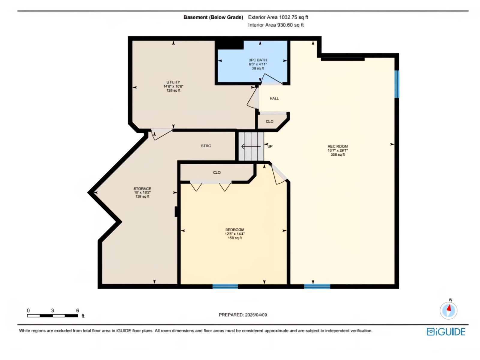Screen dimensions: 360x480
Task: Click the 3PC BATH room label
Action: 258,60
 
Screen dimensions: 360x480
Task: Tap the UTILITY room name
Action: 173,82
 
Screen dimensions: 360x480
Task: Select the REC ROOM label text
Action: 337,146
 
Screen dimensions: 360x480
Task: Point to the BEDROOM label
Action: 235,230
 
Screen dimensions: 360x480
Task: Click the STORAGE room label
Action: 142,189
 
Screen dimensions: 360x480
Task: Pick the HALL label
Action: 274,98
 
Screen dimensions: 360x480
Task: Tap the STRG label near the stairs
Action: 206,146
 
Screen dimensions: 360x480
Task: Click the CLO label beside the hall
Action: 269,121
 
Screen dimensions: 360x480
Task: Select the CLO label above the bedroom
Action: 217,172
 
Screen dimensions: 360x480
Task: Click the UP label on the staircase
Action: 270,146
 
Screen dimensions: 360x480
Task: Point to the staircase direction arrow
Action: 251,146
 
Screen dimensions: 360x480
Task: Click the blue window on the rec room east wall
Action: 397,84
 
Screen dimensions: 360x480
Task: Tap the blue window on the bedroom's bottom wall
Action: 225,286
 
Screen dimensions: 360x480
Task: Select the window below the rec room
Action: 317,286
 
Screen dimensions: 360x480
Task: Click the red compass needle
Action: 449,308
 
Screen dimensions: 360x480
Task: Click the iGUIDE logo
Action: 446,331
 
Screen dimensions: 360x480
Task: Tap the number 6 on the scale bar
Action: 77,310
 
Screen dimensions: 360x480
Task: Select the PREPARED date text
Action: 243,315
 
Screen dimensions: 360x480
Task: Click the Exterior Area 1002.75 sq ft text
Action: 278,17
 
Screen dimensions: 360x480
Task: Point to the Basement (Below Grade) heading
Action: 213,17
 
